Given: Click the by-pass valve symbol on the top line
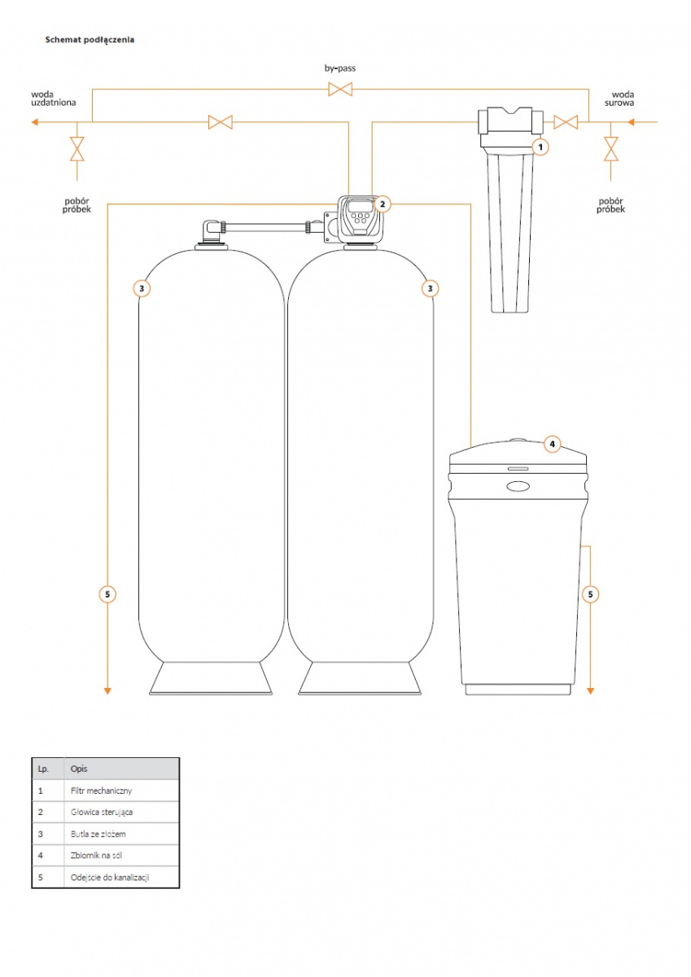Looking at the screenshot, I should tap(339, 90).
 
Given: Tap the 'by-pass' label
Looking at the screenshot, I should tap(339, 68).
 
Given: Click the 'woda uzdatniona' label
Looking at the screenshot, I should tap(54, 99).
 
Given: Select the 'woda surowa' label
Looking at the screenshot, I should tap(623, 99).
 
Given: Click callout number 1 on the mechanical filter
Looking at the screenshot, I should tap(540, 147).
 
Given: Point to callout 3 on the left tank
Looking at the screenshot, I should tap(141, 287).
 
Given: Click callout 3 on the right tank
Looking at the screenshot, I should tap(430, 287).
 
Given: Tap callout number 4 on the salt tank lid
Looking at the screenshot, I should tap(552, 444).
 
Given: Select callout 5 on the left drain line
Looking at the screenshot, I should tap(107, 594).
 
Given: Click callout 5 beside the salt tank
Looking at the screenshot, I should tap(591, 594).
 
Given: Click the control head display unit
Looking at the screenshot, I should tap(361, 218).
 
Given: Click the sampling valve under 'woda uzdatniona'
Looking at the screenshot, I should tap(77, 149).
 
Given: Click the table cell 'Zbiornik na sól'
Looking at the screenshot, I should tap(98, 856).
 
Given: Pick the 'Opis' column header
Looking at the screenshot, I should tap(79, 769).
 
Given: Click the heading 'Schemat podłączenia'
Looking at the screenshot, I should tap(90, 39).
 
